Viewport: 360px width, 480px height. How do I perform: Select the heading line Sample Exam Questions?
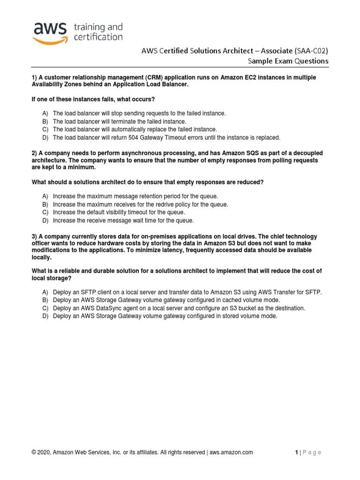pyautogui.click(x=288, y=61)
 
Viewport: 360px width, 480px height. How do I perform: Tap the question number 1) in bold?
pyautogui.click(x=34, y=77)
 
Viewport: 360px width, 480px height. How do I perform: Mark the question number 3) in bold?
pyautogui.click(x=34, y=236)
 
